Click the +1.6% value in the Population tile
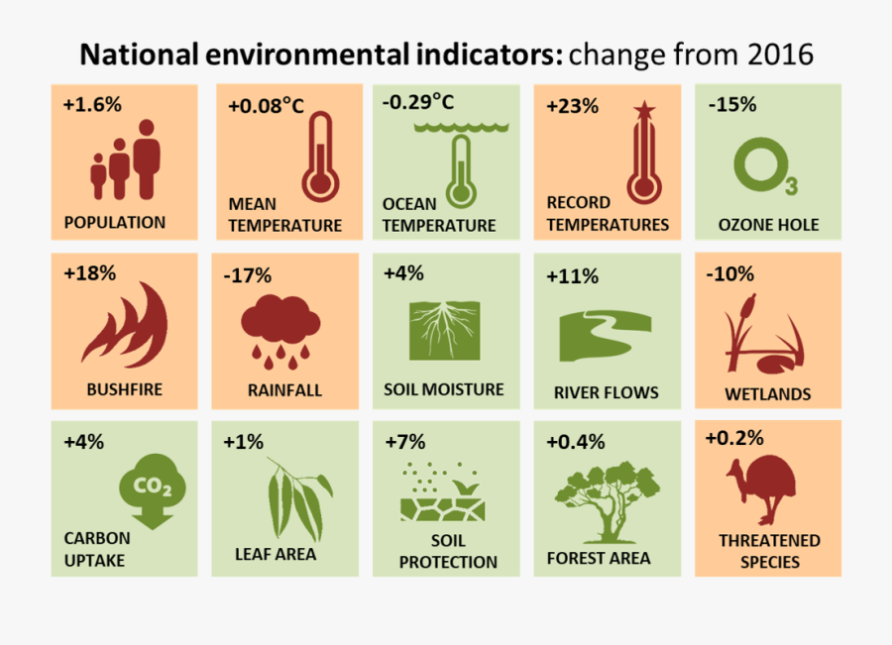92,104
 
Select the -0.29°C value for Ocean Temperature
418,102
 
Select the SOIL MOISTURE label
444,389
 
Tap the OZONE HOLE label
768,225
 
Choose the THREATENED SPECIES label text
769,551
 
